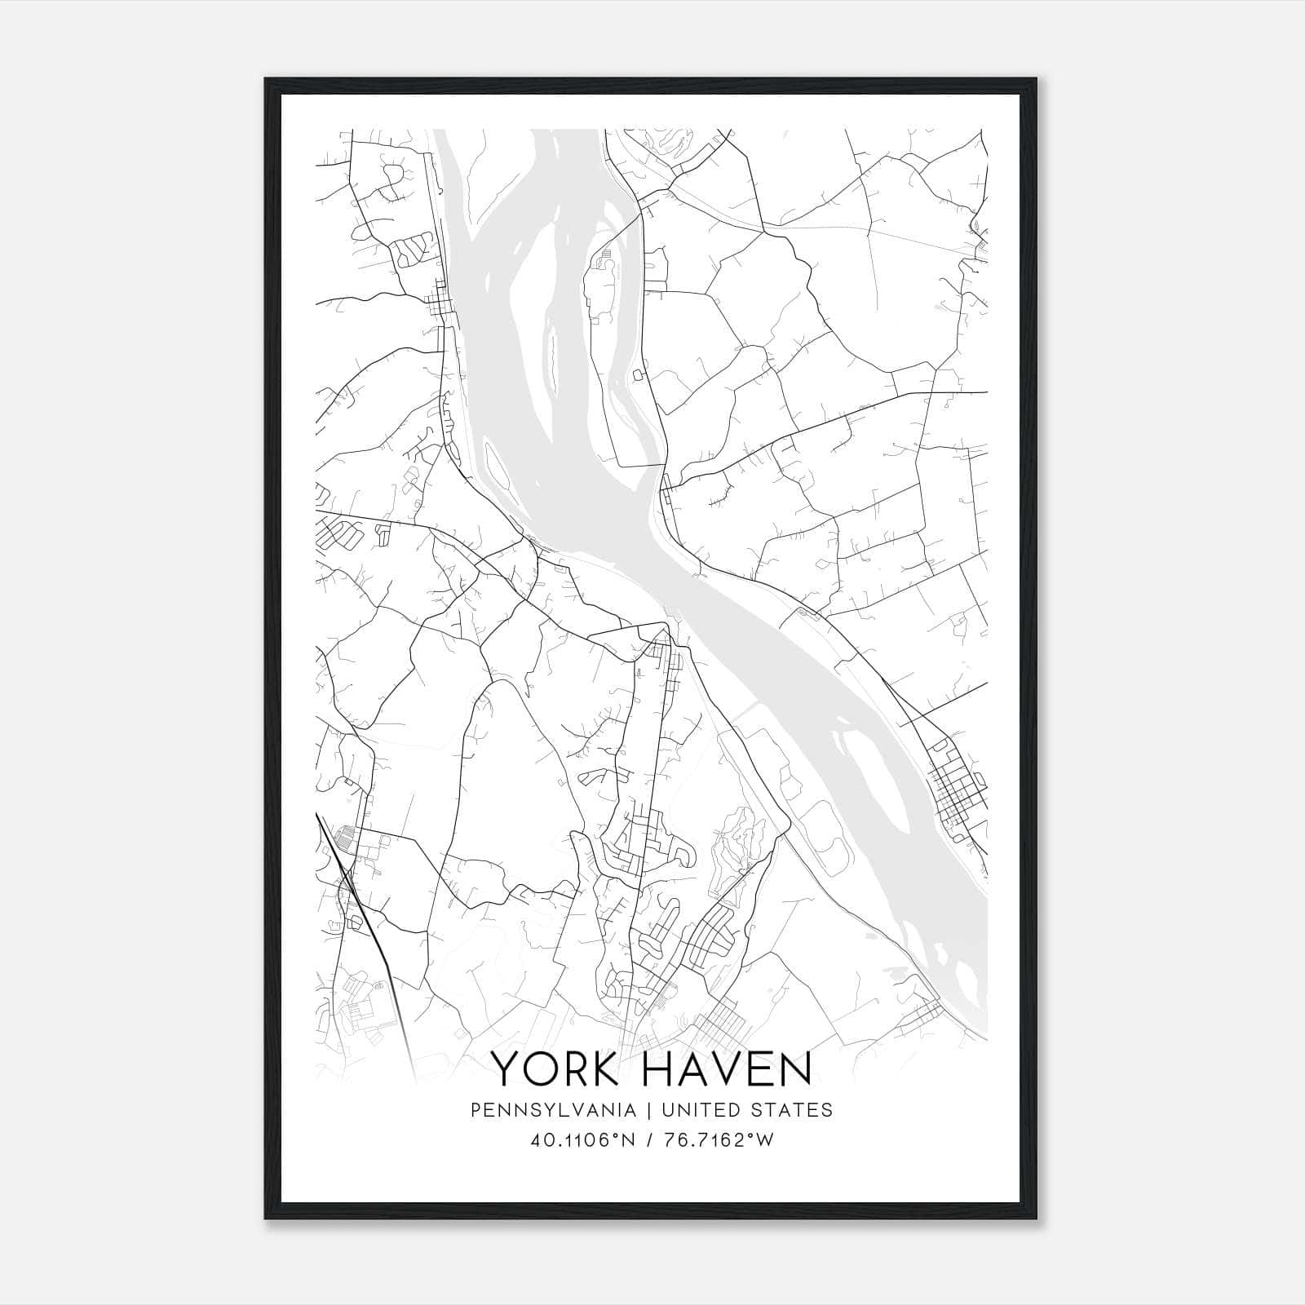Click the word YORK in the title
[x=556, y=1069]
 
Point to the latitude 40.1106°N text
[x=582, y=1140]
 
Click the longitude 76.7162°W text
[x=719, y=1140]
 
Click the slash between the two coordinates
[x=649, y=1140]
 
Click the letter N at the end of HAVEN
[x=797, y=1069]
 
